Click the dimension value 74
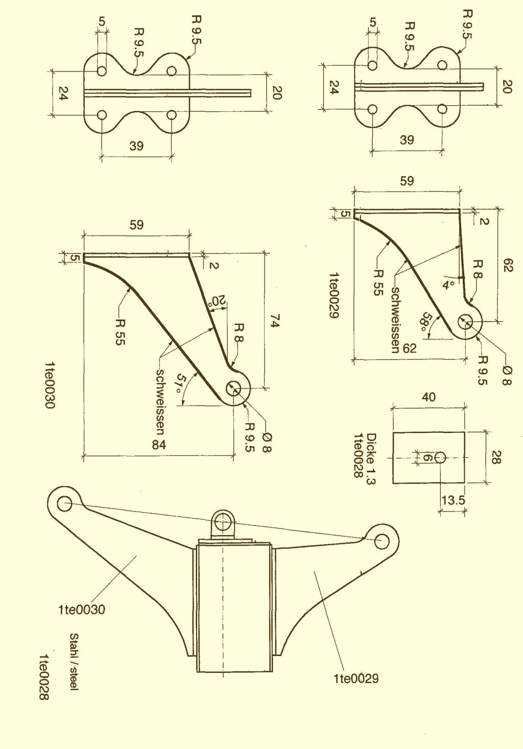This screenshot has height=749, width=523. [274, 322]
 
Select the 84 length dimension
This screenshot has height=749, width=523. [159, 445]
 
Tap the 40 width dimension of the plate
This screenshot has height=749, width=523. [429, 397]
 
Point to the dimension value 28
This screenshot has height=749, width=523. [495, 457]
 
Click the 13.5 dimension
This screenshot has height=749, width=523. [453, 500]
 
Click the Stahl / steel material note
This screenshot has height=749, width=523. [74, 662]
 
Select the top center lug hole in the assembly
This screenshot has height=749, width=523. [222, 522]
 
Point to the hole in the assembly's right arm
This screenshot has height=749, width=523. [381, 541]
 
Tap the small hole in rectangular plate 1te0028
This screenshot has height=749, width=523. [440, 457]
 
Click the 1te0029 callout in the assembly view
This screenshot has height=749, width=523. [356, 678]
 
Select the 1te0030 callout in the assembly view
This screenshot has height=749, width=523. [82, 609]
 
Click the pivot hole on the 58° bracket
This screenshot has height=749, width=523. [466, 322]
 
